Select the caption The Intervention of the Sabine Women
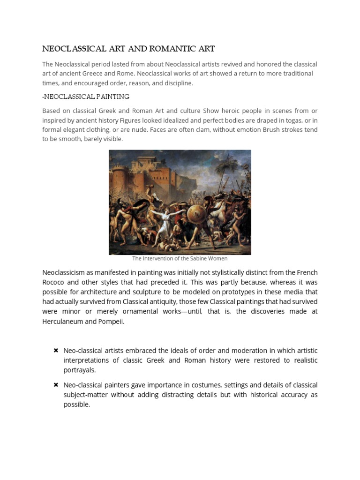pos(180,258)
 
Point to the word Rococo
pos(55,283)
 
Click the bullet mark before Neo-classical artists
pos(56,351)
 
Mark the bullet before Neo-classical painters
pos(56,385)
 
